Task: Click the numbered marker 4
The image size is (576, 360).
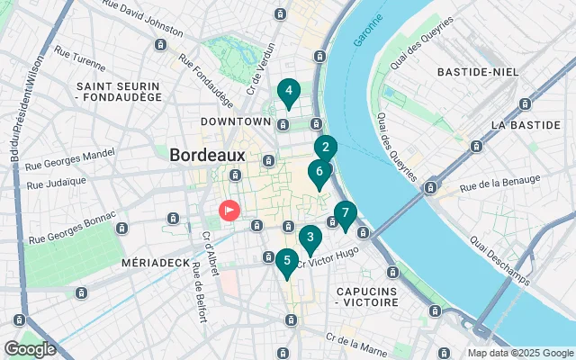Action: coord(288,91)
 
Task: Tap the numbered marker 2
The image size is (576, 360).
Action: coord(325,148)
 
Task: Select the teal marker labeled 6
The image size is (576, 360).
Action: coord(318,171)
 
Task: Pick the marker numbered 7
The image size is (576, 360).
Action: coord(345,214)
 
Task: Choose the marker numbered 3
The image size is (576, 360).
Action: coord(310,238)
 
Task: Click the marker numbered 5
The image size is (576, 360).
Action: coord(286,262)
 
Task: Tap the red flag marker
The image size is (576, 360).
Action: coord(229,211)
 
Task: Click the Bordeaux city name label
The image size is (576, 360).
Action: coord(207,154)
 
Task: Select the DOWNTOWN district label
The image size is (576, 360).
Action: coord(236,121)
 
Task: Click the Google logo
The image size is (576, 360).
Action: coord(30,348)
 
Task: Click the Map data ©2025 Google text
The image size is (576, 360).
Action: coord(520,353)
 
